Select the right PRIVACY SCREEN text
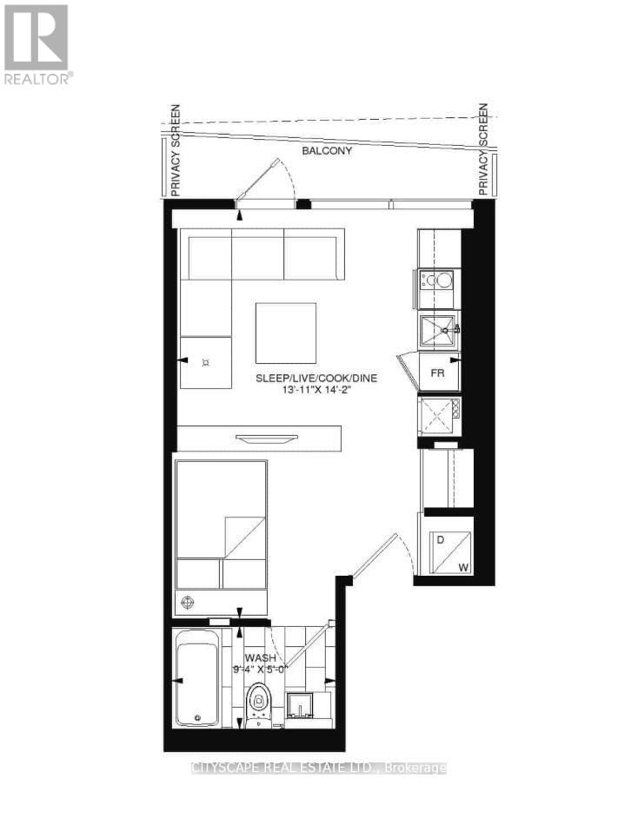484,148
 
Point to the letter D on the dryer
440,540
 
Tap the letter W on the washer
463,568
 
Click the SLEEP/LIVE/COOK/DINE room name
316,379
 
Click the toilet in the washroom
259,700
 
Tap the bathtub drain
199,717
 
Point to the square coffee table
286,333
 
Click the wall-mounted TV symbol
258,439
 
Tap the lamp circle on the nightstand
187,601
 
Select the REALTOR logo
37,43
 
